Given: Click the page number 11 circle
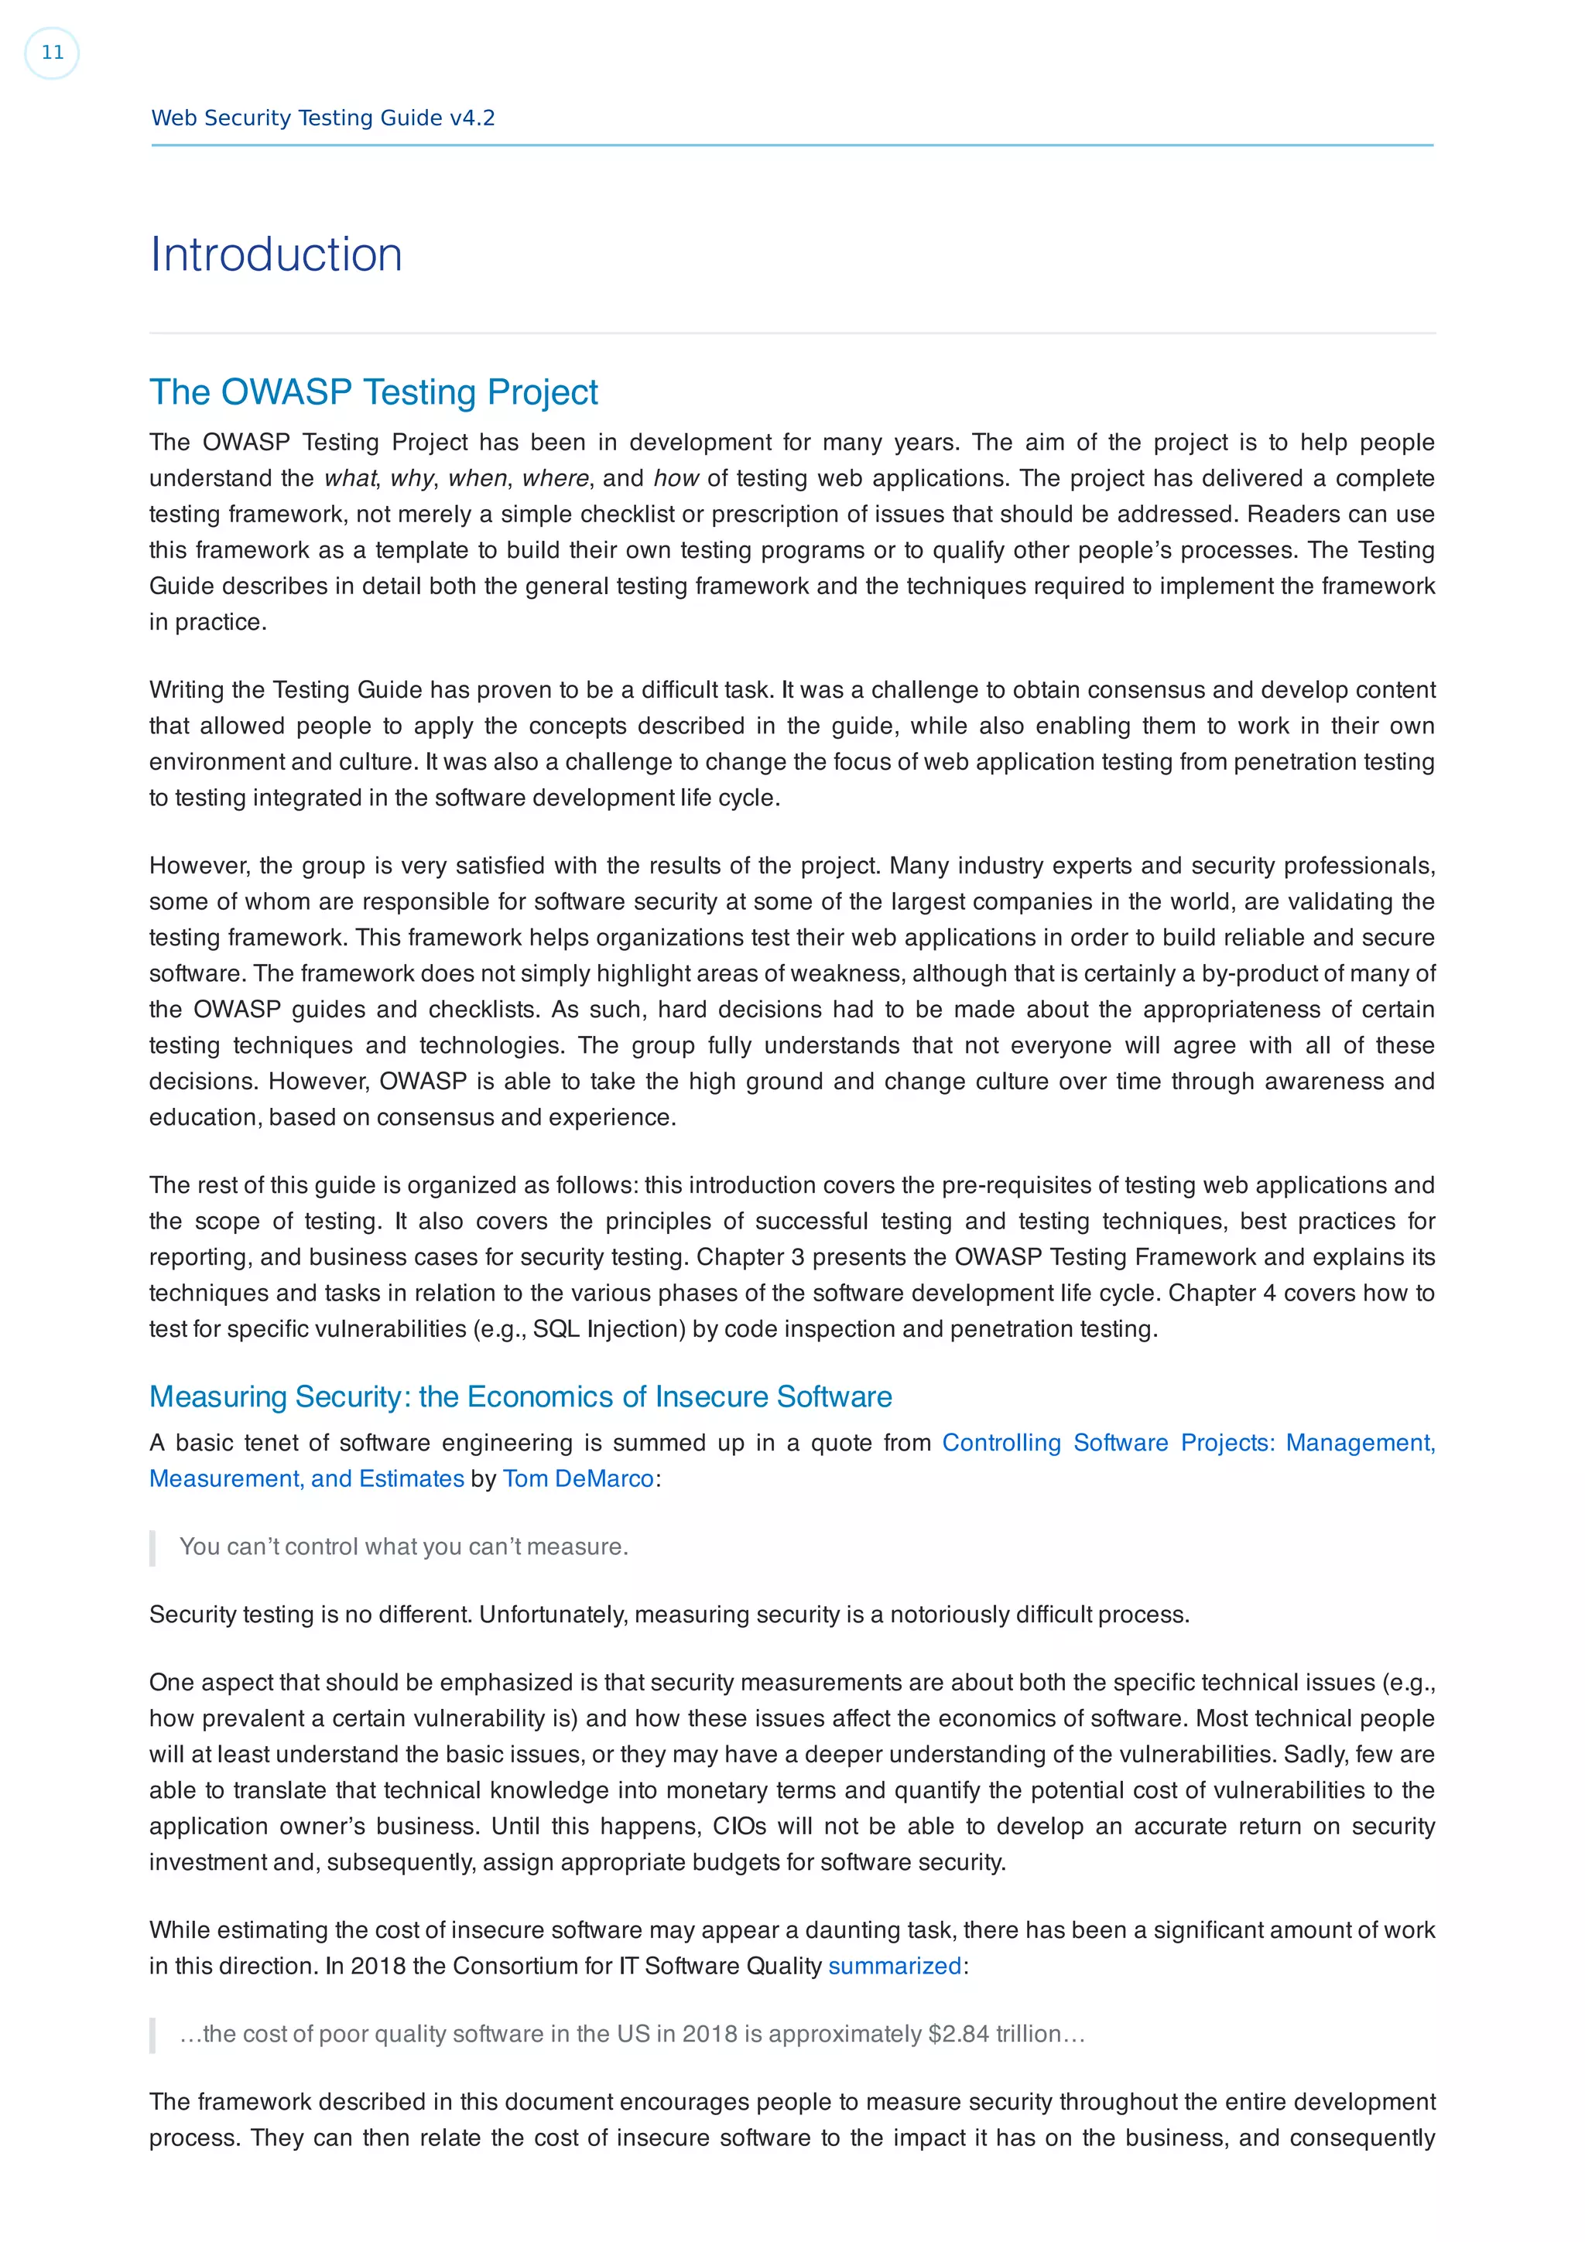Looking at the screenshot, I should coord(52,53).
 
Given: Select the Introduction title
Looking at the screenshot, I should coord(276,255).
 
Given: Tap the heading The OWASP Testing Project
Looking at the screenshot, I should coord(373,391).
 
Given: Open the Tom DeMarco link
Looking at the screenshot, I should coord(577,1478).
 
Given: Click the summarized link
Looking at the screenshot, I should coord(894,1966).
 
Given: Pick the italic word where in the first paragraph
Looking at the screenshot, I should coord(555,478).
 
